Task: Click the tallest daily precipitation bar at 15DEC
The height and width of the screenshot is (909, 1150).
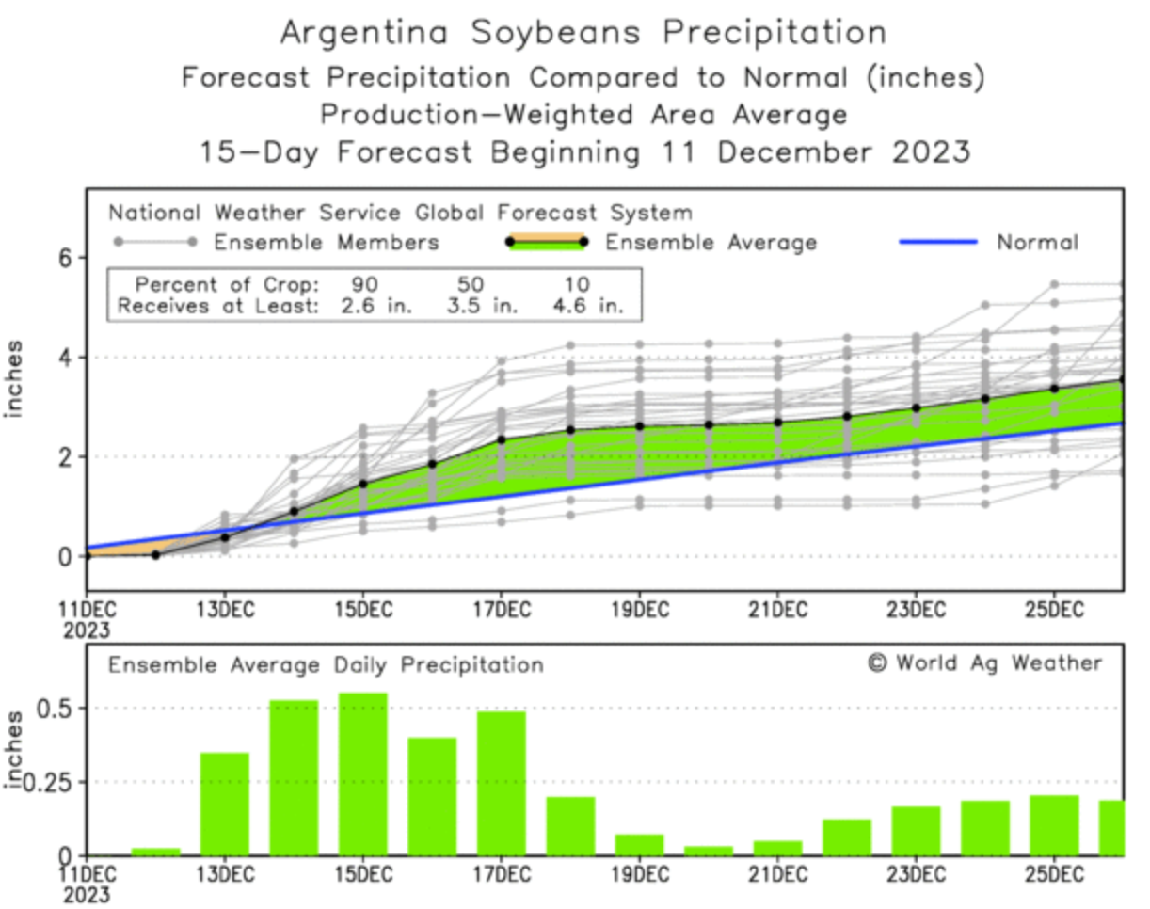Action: [362, 773]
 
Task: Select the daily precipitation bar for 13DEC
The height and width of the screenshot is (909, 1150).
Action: [224, 804]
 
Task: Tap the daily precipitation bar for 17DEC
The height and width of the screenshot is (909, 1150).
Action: [501, 783]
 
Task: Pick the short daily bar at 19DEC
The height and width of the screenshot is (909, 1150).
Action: [639, 844]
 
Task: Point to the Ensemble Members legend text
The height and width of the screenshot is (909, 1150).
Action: [327, 243]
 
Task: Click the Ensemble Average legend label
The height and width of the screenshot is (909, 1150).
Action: [711, 243]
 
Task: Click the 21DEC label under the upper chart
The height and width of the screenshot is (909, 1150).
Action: [777, 608]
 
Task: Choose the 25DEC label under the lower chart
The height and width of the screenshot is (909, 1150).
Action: [1053, 872]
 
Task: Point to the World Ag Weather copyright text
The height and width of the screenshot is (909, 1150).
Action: [984, 663]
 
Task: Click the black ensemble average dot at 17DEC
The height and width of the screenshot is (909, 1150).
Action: [502, 439]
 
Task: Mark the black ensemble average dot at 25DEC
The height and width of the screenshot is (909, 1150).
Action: [1054, 388]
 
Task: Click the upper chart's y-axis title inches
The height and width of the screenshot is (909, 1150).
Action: [16, 379]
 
